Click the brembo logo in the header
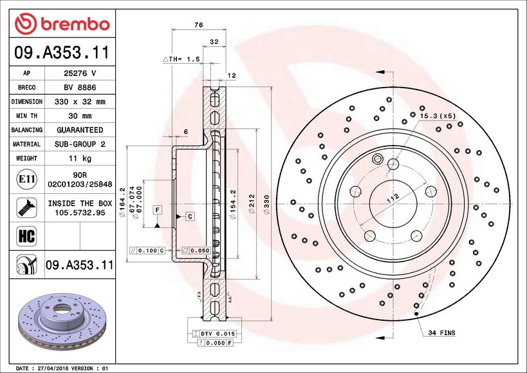[x=62, y=24]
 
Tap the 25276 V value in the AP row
[x=80, y=73]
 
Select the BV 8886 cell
[x=80, y=88]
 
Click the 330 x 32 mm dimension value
[x=80, y=102]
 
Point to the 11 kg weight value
[x=80, y=158]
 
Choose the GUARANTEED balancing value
[x=80, y=130]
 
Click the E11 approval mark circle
[x=27, y=179]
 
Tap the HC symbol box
[x=26, y=236]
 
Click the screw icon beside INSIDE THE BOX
[x=26, y=207]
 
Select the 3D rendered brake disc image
[x=62, y=322]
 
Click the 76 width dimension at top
[x=199, y=25]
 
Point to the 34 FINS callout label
[x=441, y=333]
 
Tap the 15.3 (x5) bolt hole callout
[x=438, y=116]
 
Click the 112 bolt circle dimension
[x=393, y=198]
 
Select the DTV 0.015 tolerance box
[x=214, y=334]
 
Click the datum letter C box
[x=190, y=216]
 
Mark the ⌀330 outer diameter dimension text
[x=266, y=204]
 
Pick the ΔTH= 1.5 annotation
[x=181, y=59]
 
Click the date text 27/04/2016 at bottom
[x=52, y=368]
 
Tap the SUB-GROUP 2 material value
[x=80, y=144]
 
